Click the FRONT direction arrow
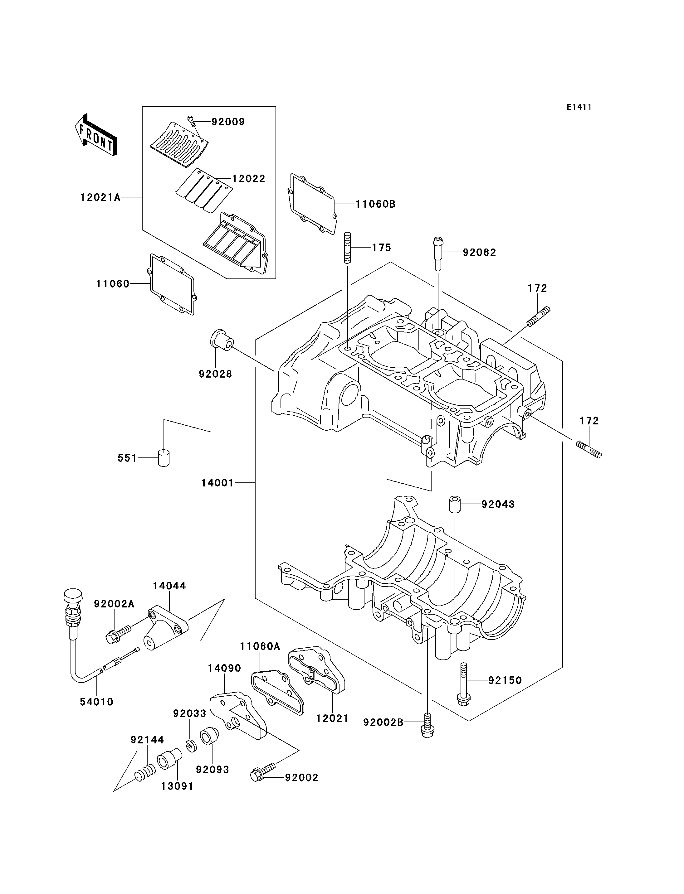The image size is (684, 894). coord(96,135)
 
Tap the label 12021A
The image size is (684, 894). coord(100,197)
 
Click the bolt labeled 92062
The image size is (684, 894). coord(437,253)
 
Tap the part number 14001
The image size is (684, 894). coord(217,483)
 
